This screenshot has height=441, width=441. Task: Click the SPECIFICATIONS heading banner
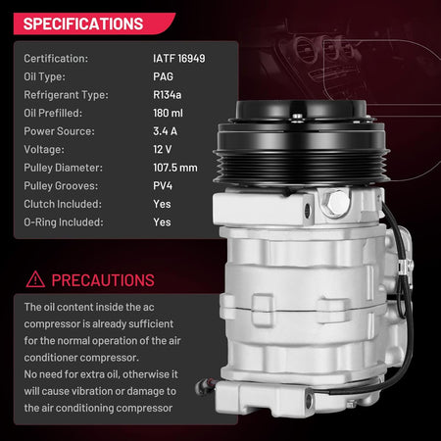pyautogui.click(x=94, y=24)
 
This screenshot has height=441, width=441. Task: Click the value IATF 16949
pyautogui.click(x=179, y=59)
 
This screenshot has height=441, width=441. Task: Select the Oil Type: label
pyautogui.click(x=44, y=76)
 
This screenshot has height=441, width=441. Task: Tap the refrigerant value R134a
pyautogui.click(x=167, y=95)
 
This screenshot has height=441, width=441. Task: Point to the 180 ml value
pyautogui.click(x=168, y=113)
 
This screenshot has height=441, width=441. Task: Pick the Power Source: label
pyautogui.click(x=59, y=131)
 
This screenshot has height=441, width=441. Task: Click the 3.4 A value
pyautogui.click(x=165, y=131)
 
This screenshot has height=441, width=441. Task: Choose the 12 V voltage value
pyautogui.click(x=162, y=149)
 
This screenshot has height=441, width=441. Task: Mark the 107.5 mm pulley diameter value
pyautogui.click(x=175, y=168)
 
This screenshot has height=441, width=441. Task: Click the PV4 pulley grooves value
pyautogui.click(x=163, y=186)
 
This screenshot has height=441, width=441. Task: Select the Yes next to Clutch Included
pyautogui.click(x=162, y=204)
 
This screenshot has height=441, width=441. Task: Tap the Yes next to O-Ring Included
pyautogui.click(x=162, y=222)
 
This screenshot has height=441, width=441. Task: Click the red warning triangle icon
pyautogui.click(x=35, y=279)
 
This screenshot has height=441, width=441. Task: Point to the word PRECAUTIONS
pyautogui.click(x=103, y=280)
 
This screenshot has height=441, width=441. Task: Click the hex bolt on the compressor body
pyautogui.click(x=336, y=203)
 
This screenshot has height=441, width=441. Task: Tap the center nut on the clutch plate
pyautogui.click(x=297, y=117)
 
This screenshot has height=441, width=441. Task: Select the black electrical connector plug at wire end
pyautogui.click(x=205, y=386)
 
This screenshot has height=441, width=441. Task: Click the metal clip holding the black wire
pyautogui.click(x=405, y=268)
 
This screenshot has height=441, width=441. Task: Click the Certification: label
pyautogui.click(x=56, y=59)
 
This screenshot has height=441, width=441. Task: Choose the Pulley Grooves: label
pyautogui.click(x=61, y=186)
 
